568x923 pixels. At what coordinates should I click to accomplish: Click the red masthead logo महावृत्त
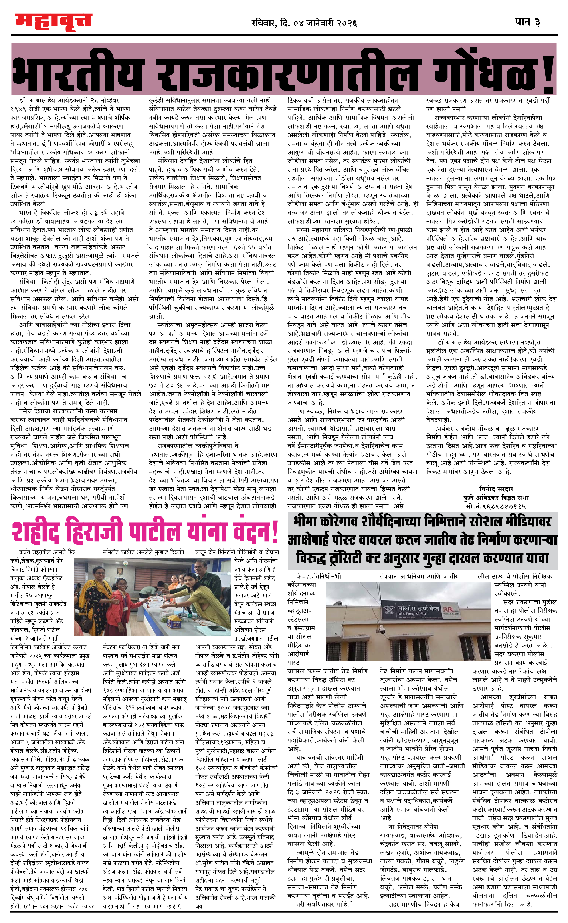point(53,22)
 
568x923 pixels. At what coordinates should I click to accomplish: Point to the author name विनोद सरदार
point(496,489)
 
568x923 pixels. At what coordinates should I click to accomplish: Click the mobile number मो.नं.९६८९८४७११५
point(496,506)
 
